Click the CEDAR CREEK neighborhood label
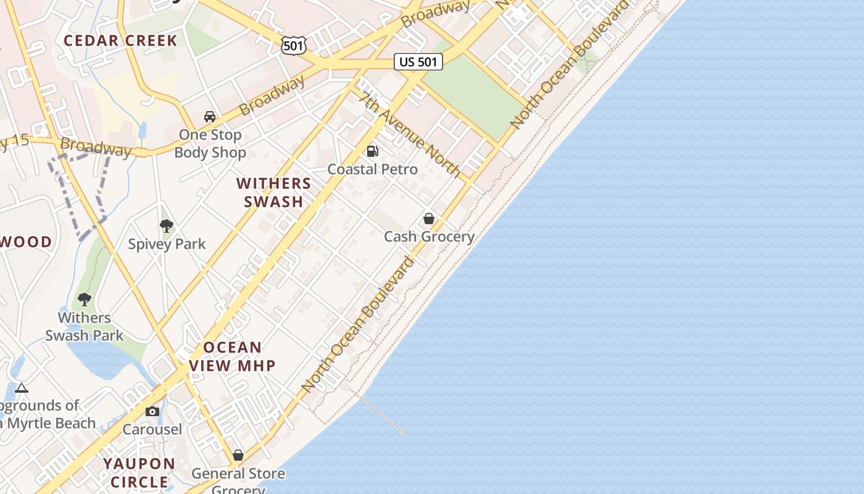pos(120,41)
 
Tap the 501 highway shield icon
pos(293,44)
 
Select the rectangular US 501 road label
pos(418,62)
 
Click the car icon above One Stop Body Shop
pos(210,116)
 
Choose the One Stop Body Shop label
pos(210,143)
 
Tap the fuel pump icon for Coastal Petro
pos(372,151)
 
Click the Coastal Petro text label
pos(372,169)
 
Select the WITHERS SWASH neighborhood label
pos(274,192)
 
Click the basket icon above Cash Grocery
pos(429,219)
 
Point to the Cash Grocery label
pos(429,237)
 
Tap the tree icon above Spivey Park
pos(166,226)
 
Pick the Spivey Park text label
pos(167,244)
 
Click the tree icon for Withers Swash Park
pos(85,299)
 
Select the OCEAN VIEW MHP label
pos(232,356)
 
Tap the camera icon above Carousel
pos(152,411)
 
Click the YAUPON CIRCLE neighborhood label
pos(139,472)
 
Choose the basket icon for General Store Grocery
pos(238,456)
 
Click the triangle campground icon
pos(22,388)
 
